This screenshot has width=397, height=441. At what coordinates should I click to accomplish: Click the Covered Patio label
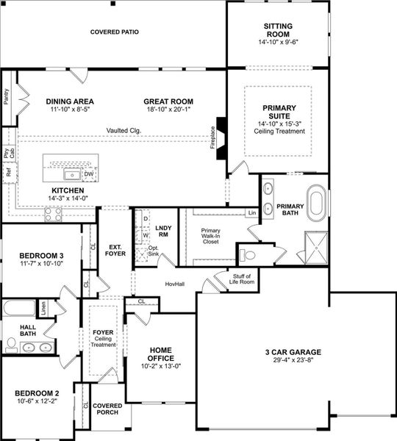(114, 32)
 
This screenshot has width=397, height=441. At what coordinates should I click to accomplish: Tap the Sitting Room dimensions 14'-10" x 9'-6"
(278, 43)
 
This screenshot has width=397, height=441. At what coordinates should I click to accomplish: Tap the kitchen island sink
(73, 174)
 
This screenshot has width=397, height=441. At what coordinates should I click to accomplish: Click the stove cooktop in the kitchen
(54, 214)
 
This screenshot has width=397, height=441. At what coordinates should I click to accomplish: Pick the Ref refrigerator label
(8, 174)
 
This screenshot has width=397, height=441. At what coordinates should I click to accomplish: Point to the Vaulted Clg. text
(124, 131)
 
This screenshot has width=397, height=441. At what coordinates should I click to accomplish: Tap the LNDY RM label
(163, 232)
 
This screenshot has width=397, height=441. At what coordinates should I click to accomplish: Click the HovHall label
(174, 284)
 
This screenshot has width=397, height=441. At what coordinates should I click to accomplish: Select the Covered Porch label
(107, 409)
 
